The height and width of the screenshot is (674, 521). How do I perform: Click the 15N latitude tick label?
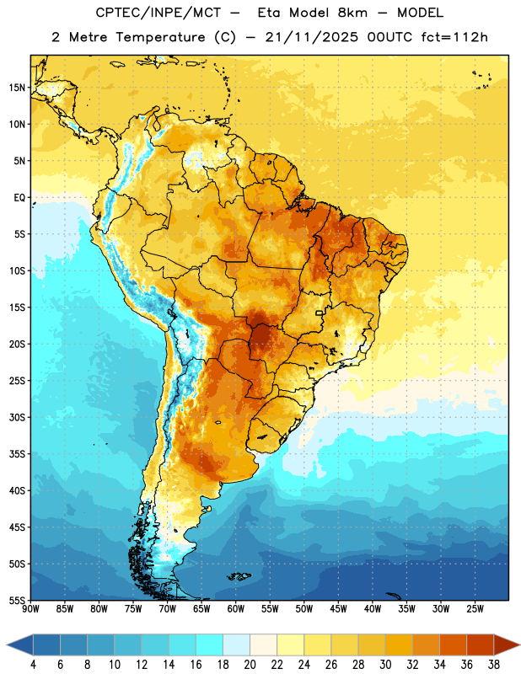coord(17,88)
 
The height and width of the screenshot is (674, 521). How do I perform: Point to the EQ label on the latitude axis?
coord(19,198)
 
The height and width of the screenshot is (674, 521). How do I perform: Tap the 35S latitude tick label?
coord(17,454)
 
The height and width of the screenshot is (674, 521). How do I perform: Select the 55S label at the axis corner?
coord(17,600)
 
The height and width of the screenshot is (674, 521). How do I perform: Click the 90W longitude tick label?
coord(30,609)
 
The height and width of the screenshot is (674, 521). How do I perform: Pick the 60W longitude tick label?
coord(236,609)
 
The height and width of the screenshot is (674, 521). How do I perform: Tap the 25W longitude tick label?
coord(475,609)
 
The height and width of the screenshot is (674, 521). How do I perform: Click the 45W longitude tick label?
coord(338,609)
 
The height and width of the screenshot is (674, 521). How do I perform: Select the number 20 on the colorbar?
coord(250,665)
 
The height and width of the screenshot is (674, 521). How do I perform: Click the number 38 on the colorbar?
coord(494,665)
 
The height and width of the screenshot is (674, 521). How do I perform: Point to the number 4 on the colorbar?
coord(33,665)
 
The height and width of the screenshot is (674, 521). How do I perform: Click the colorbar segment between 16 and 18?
coord(209,645)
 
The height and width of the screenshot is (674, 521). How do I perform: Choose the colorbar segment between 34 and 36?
coord(453,645)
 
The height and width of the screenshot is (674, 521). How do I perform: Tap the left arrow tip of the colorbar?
coord(7,645)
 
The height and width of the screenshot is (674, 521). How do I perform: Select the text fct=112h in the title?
coord(454,37)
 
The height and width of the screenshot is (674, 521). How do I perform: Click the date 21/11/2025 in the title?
coord(311,37)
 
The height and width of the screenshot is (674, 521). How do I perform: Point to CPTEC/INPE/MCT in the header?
coord(158,13)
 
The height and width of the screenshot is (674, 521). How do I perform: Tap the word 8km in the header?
coord(352,13)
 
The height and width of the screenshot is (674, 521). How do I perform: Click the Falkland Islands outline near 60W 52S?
coord(239,576)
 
